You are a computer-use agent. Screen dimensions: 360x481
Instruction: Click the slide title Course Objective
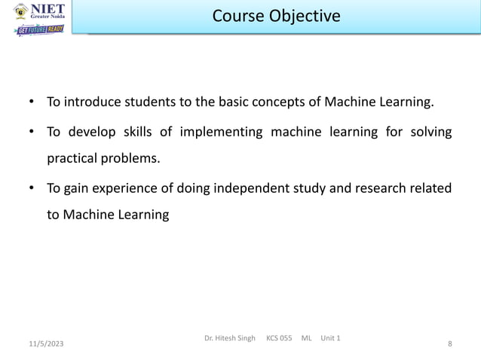coord(275,16)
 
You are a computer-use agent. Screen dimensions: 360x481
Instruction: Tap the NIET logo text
coord(46,11)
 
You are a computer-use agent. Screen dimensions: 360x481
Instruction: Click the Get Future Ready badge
coord(40,30)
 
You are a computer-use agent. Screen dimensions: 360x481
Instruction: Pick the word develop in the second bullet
coord(95,133)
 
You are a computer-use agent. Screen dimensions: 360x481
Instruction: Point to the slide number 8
coord(449,344)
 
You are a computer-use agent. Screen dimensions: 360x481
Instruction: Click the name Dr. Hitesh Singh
coord(229,337)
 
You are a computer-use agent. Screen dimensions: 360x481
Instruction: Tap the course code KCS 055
coord(279,337)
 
